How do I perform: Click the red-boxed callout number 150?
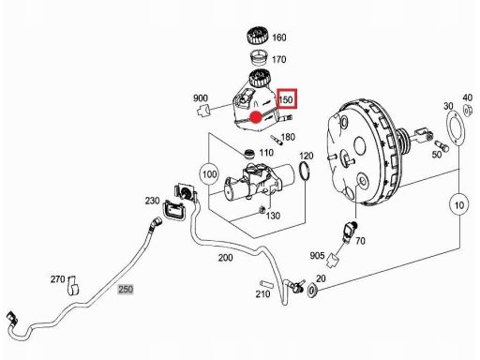286,99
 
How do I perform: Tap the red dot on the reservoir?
256,117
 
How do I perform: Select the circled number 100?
209,174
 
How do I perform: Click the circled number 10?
458,205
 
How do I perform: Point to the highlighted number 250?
126,289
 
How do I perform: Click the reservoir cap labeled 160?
258,37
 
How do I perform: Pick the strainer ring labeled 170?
259,58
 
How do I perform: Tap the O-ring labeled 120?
305,171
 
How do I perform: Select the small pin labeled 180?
277,140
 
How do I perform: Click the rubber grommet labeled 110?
249,154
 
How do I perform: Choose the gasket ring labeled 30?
455,128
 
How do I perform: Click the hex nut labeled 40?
467,111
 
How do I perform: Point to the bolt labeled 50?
442,146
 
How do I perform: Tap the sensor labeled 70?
350,232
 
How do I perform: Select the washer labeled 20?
312,290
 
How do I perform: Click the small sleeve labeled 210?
266,284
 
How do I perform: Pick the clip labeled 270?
73,285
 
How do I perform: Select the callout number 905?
317,256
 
